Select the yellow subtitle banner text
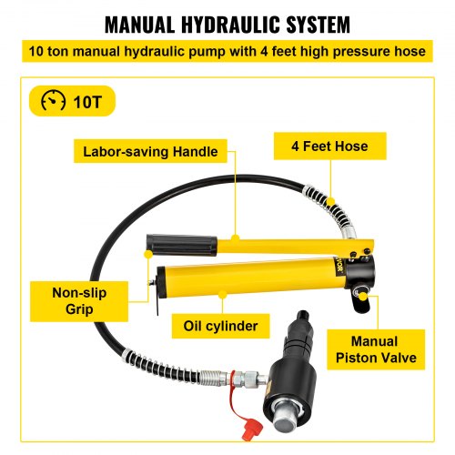coord(227,51)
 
